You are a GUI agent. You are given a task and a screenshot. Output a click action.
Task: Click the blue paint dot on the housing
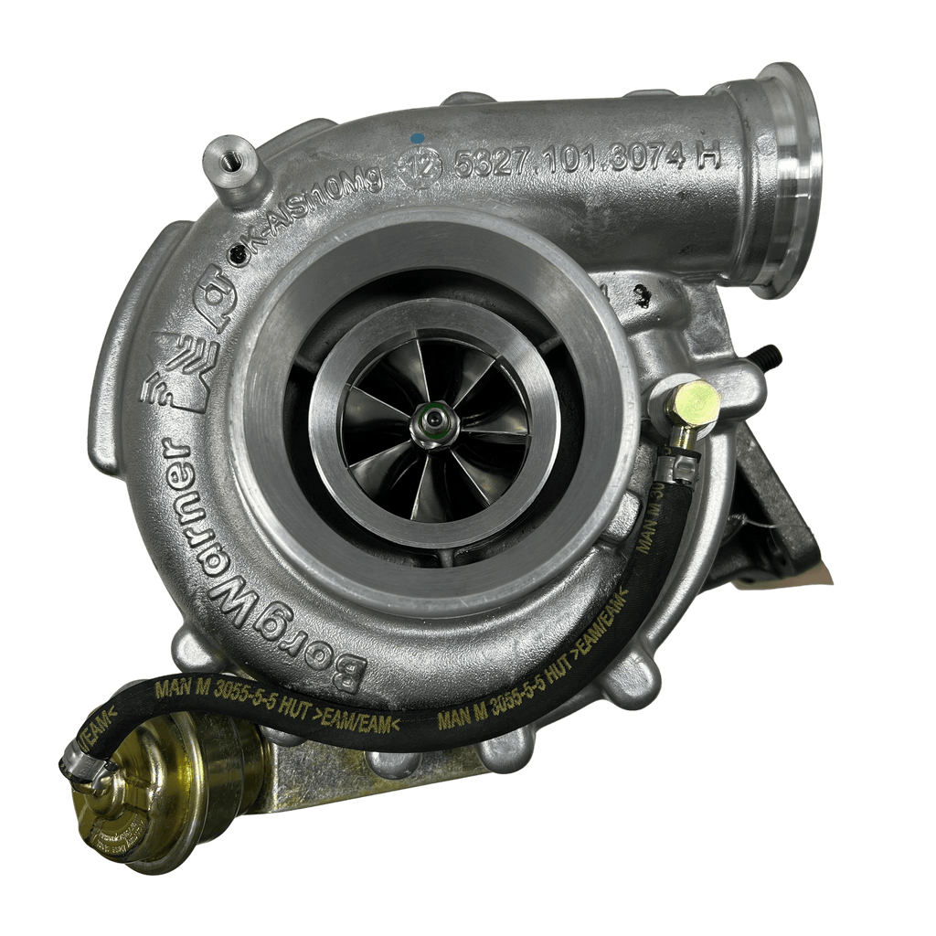[x=417, y=138]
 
